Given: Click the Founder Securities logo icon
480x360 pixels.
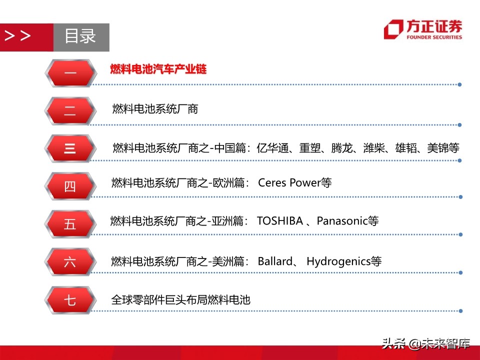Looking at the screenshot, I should [x=393, y=29].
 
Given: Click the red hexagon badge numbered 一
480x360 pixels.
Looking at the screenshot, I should [x=70, y=73].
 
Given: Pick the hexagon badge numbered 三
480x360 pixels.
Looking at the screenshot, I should [x=70, y=148].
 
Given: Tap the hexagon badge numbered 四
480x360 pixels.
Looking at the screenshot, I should [x=70, y=186].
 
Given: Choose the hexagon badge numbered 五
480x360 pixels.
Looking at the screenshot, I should [x=70, y=224].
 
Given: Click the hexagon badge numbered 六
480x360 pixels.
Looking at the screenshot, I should [x=70, y=262].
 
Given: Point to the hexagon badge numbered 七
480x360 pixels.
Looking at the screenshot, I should [x=70, y=300].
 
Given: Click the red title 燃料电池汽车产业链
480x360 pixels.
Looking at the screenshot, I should [x=158, y=69].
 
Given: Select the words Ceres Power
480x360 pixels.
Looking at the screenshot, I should [x=288, y=182].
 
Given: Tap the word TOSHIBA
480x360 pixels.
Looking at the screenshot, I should [x=280, y=220].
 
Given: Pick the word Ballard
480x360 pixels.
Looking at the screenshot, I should [x=275, y=261].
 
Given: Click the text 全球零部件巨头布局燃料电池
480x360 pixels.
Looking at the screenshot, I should [x=180, y=300].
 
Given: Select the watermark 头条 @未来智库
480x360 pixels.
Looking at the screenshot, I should [x=426, y=344].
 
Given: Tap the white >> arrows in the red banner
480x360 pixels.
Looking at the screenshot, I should [x=17, y=36].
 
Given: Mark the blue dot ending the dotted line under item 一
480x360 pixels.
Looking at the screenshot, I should [x=460, y=84].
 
